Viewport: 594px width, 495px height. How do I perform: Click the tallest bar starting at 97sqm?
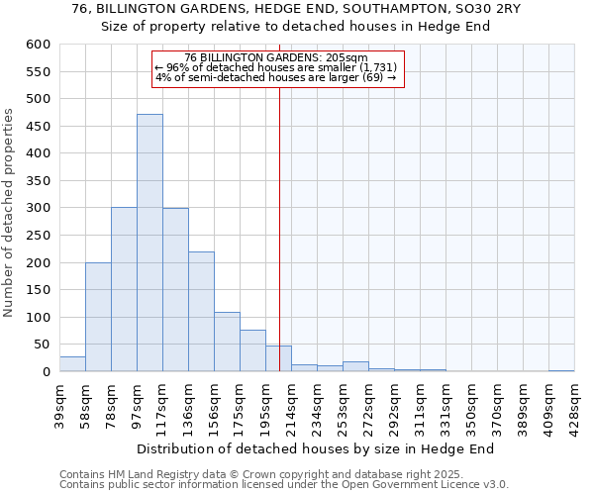[x=149, y=243]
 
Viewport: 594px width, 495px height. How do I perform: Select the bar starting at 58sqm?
[x=98, y=317]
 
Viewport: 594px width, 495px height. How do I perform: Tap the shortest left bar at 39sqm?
[x=72, y=363]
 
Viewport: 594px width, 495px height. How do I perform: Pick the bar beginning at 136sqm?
[x=201, y=311]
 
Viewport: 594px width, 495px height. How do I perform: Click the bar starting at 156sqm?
[x=227, y=342]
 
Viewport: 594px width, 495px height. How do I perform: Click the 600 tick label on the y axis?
[x=38, y=45]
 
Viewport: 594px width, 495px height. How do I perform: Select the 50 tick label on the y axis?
[x=42, y=345]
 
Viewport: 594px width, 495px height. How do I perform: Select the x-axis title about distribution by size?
[x=315, y=448]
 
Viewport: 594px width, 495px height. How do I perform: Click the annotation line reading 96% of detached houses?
[x=275, y=67]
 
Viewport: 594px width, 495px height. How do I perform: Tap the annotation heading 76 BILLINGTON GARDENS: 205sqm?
[x=276, y=57]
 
